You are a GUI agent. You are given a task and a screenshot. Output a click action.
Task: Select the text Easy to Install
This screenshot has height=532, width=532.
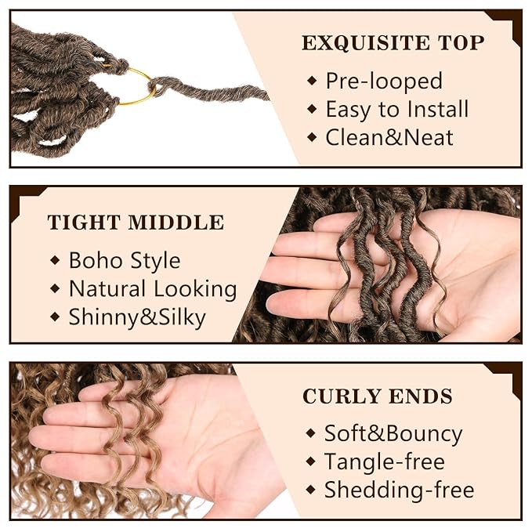[x=397, y=109]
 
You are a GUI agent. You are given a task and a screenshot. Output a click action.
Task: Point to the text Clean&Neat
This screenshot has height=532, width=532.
[x=389, y=138]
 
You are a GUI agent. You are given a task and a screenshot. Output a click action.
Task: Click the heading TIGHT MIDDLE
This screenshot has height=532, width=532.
[x=136, y=223]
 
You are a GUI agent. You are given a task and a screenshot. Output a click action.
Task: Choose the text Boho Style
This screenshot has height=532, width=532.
[x=125, y=260]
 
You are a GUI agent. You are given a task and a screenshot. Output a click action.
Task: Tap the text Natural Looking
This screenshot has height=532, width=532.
[x=153, y=288]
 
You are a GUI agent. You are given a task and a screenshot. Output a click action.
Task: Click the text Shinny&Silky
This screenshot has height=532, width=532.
[x=137, y=317]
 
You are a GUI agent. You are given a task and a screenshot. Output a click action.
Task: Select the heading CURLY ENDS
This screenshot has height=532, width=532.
[x=378, y=396]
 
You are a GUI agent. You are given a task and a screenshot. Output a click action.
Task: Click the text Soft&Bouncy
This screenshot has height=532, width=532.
[x=393, y=433]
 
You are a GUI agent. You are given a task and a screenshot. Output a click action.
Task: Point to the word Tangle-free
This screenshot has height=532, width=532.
[x=385, y=461]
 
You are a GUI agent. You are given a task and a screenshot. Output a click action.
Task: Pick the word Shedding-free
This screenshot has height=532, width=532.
[x=399, y=490]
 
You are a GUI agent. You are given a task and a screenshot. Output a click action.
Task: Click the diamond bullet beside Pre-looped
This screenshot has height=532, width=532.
[x=312, y=81]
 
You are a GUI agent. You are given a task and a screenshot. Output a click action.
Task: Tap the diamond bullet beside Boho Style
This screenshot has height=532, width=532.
[x=55, y=260]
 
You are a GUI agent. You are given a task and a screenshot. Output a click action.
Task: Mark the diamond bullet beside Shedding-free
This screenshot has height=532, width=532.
[x=310, y=490]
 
